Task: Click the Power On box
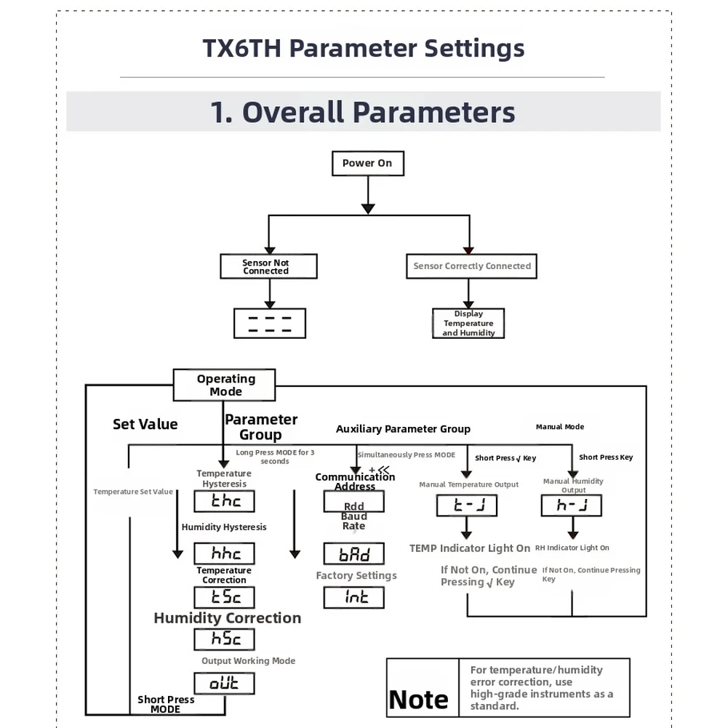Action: (x=368, y=164)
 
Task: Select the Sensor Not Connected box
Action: (x=268, y=266)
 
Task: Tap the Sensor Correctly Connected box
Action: (x=471, y=266)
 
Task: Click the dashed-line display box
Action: (x=269, y=323)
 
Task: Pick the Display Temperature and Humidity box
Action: (x=468, y=323)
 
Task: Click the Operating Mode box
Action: (x=224, y=385)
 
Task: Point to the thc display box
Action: (x=224, y=501)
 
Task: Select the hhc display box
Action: (x=224, y=553)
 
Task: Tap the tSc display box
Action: (x=224, y=597)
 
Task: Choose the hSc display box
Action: (x=224, y=639)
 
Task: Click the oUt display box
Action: (x=224, y=684)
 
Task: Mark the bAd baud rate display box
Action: (x=353, y=553)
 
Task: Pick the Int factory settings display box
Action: (x=353, y=597)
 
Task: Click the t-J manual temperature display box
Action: (x=467, y=505)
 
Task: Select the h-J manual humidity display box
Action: (x=571, y=505)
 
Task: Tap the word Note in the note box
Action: (x=418, y=700)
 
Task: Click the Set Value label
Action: (x=145, y=424)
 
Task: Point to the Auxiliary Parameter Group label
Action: (x=403, y=429)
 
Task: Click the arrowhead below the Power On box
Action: (x=368, y=209)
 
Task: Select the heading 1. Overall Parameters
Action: (x=363, y=112)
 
